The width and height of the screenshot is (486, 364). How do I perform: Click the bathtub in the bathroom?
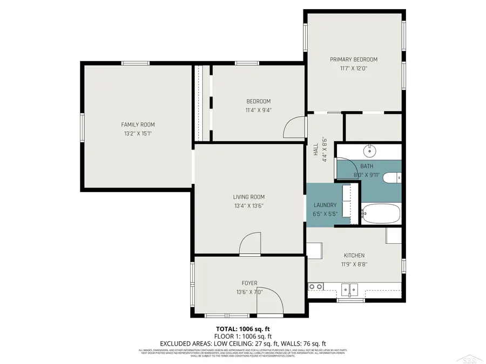click(x=381, y=214)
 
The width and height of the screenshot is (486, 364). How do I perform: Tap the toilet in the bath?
click(x=395, y=176)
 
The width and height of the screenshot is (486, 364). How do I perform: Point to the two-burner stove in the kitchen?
click(x=315, y=286)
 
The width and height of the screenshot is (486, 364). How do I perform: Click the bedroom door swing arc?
click(x=292, y=127)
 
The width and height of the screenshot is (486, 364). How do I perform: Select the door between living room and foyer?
click(x=251, y=243)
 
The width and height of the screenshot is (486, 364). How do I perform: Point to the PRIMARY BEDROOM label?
click(x=354, y=59)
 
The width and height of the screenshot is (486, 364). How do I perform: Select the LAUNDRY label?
click(x=326, y=205)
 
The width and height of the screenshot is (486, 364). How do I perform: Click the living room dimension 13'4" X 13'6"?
click(x=249, y=205)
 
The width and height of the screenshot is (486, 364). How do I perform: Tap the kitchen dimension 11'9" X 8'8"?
click(x=354, y=264)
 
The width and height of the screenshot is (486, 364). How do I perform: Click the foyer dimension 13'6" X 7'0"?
click(x=249, y=292)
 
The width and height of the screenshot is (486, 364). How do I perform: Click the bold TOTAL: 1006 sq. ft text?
click(x=243, y=328)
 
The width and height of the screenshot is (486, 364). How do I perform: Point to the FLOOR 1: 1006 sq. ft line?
click(x=243, y=335)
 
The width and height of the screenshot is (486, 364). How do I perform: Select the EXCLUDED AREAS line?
click(x=243, y=343)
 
